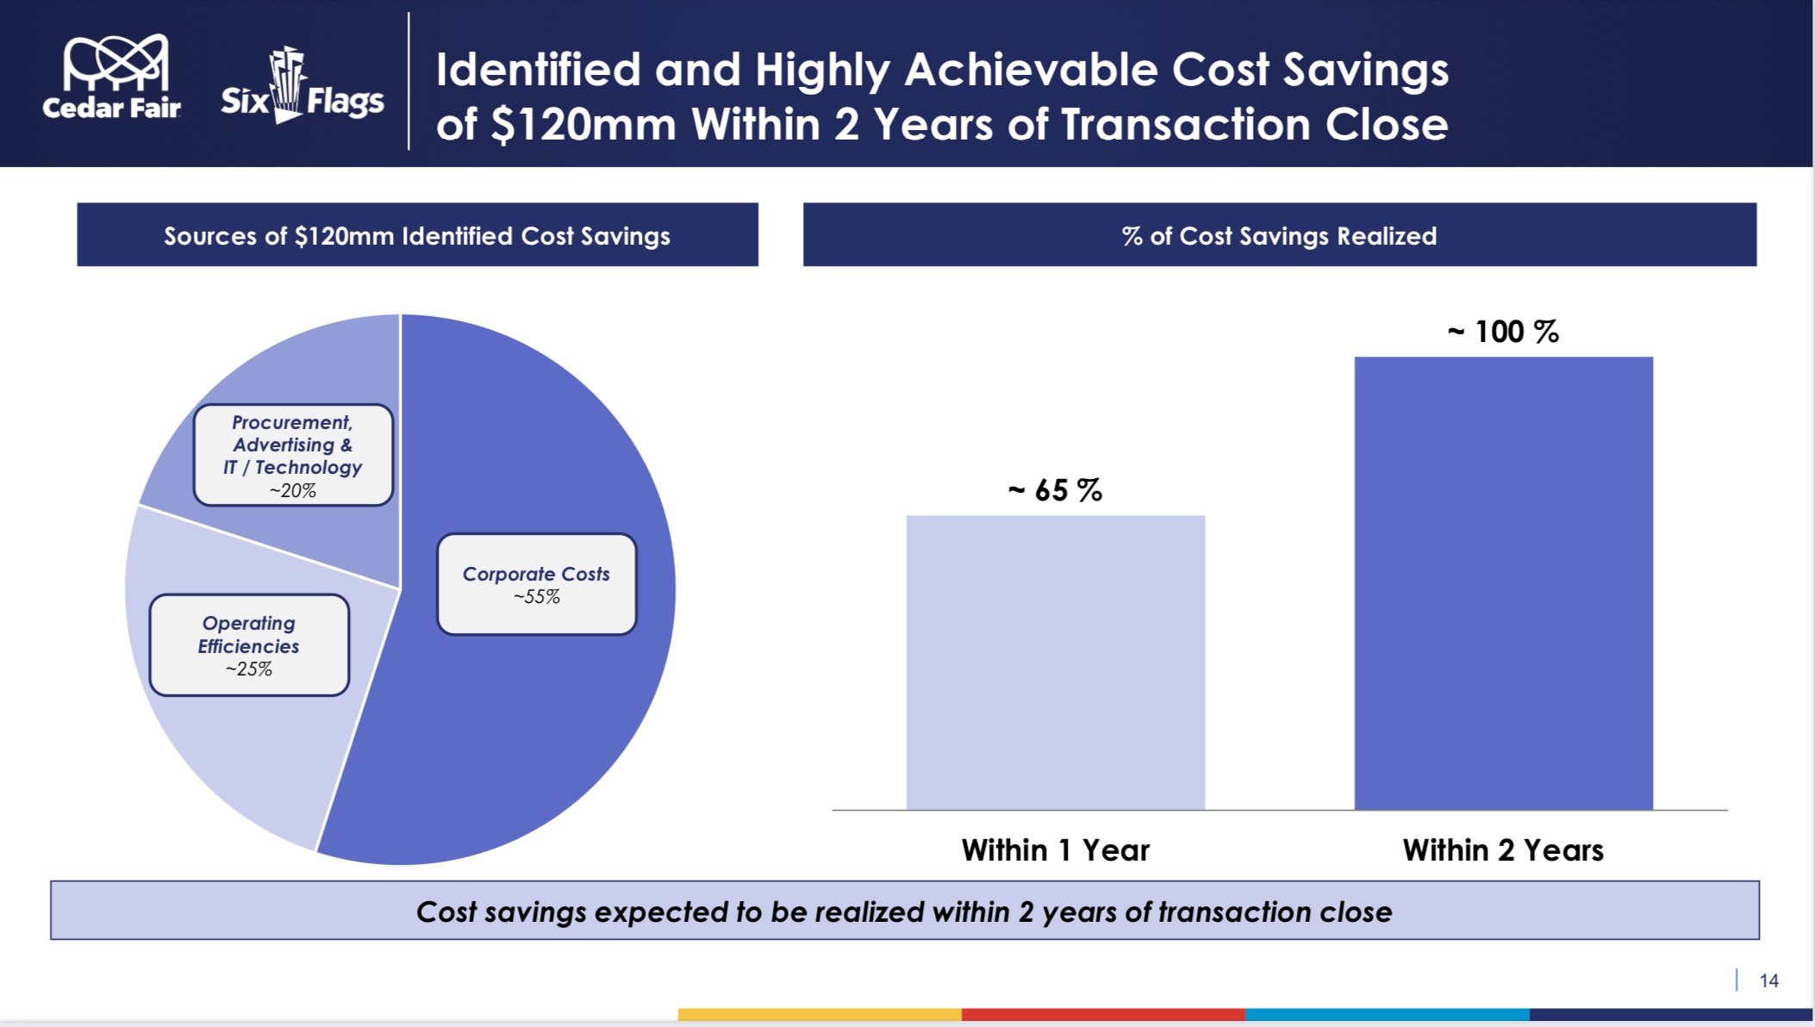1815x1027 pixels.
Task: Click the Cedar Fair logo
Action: [x=112, y=78]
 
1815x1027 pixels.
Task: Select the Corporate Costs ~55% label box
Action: [x=536, y=585]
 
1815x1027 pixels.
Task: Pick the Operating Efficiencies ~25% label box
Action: [x=249, y=645]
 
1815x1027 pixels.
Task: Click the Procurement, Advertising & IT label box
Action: [x=293, y=455]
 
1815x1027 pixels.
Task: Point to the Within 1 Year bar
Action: [x=1055, y=663]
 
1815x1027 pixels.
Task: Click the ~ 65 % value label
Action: [x=1055, y=490]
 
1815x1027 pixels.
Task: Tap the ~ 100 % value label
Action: [x=1503, y=332]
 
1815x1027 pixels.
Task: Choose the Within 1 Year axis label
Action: [x=1055, y=850]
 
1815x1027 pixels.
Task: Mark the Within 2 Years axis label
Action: [x=1503, y=850]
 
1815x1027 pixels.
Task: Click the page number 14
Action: [x=1768, y=980]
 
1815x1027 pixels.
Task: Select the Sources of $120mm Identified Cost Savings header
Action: [x=417, y=235]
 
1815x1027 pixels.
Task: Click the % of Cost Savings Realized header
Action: [x=1279, y=235]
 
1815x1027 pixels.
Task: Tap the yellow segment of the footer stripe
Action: [x=819, y=1014]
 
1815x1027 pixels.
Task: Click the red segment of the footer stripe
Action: [x=1103, y=1014]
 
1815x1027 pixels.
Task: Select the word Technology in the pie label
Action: [x=309, y=467]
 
